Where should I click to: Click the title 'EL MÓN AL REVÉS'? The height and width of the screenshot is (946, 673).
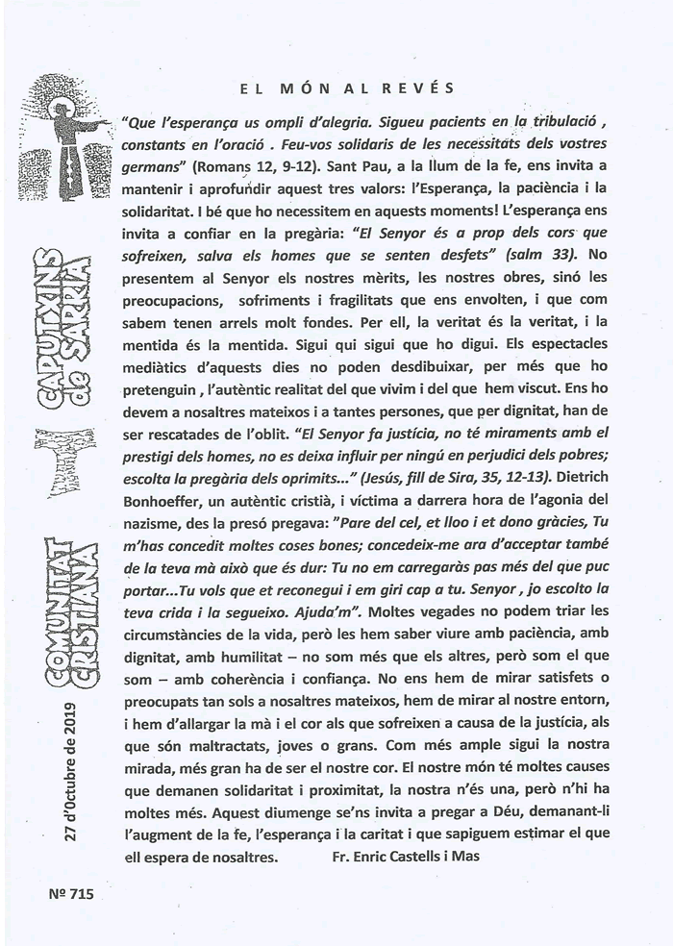coord(347,88)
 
